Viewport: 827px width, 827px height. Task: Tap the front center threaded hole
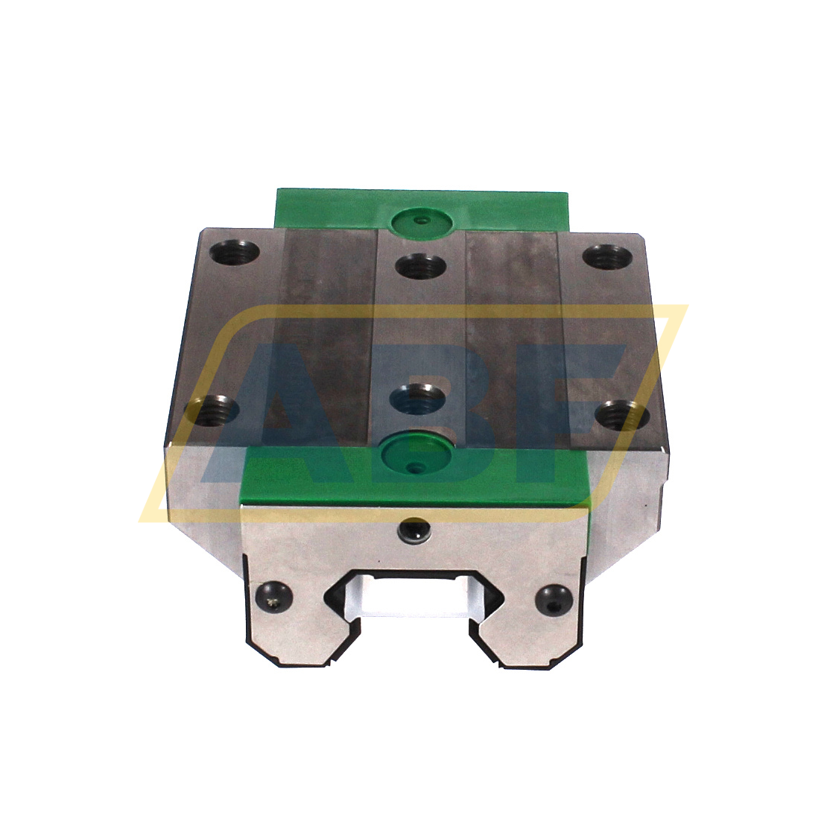coord(417,398)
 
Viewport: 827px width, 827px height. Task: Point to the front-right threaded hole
coord(625,414)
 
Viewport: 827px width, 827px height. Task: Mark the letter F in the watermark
coord(574,417)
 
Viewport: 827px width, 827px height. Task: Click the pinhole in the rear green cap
coord(422,221)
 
